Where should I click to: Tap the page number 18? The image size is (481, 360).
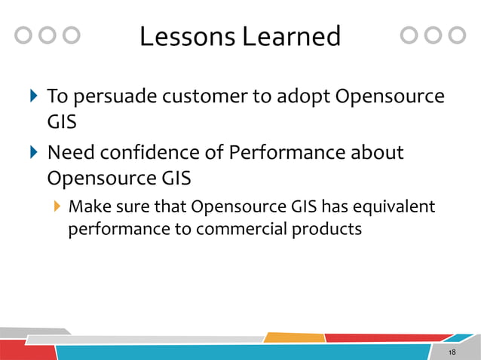click(x=452, y=353)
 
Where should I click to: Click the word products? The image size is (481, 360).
click(x=329, y=228)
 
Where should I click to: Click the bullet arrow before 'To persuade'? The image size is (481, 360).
click(x=32, y=96)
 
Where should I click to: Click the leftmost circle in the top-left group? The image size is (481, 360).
click(x=24, y=35)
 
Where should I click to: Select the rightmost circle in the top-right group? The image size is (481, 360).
click(x=457, y=35)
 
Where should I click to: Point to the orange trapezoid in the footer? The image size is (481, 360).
click(x=294, y=337)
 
